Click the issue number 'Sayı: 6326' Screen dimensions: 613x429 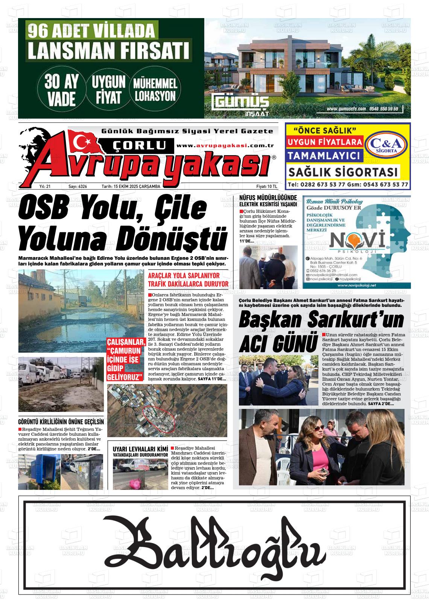78,186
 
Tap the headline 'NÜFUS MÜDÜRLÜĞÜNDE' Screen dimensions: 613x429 268,198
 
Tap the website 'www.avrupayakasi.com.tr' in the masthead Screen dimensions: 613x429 225,146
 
